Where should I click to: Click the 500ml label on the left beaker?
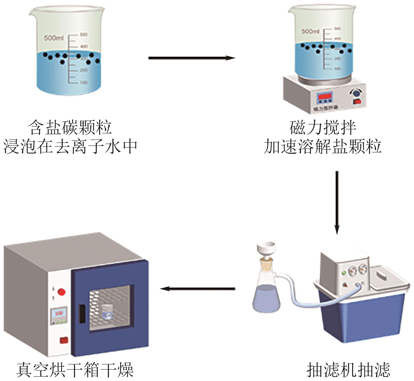[x=54, y=38]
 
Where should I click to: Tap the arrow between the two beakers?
[x=191, y=58]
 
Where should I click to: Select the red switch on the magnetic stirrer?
[x=357, y=102]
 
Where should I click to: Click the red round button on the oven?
[x=61, y=292]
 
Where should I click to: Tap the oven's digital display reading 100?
[x=59, y=313]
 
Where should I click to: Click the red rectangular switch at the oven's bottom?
[x=64, y=340]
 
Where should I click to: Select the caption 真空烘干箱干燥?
[x=75, y=370]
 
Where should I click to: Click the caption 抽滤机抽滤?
[x=348, y=370]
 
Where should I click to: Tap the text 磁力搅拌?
[x=323, y=128]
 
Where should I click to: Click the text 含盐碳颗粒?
[x=70, y=128]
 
